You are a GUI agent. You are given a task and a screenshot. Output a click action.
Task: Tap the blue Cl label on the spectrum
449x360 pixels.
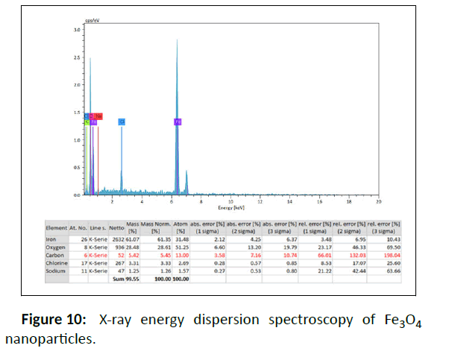[122, 121]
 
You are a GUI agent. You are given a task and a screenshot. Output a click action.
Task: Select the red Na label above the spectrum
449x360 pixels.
[98, 116]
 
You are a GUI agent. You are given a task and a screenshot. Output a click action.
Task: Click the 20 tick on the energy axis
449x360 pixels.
[378, 201]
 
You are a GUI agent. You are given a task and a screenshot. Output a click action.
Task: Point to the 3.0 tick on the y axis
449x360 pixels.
[78, 30]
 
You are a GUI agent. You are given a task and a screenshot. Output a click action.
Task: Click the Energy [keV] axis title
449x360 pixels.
[230, 206]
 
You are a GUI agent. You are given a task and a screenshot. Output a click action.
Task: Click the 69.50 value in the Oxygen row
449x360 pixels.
[391, 247]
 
